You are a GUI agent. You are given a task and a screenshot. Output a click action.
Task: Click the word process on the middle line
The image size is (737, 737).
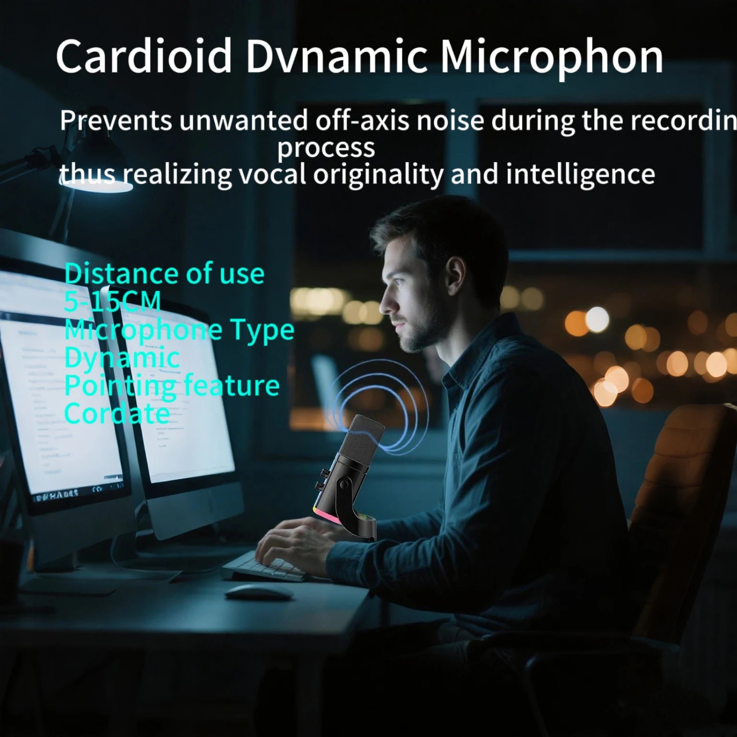(x=326, y=148)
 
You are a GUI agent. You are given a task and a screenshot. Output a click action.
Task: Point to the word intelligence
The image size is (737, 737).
(x=580, y=174)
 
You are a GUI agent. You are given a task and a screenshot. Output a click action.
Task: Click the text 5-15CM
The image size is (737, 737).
(x=112, y=302)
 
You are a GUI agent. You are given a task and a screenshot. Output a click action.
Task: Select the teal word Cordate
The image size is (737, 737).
(x=117, y=413)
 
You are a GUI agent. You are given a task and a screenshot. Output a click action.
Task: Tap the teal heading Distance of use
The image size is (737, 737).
(x=164, y=274)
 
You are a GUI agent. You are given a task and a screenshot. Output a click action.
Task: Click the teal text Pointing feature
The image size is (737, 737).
(x=171, y=385)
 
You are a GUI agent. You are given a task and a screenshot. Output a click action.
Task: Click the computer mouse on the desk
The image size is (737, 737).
(x=258, y=592)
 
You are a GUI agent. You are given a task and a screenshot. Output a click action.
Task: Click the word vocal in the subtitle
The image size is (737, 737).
(x=272, y=174)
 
